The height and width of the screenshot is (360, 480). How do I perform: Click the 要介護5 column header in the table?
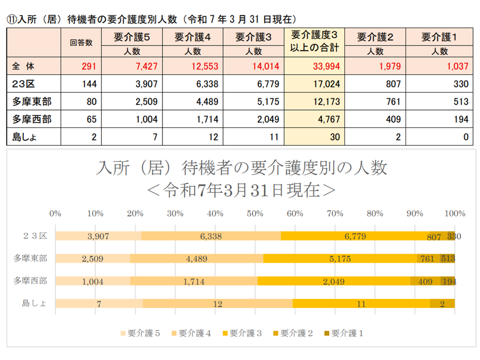click(x=132, y=36)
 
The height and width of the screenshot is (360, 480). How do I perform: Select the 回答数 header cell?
click(x=81, y=42)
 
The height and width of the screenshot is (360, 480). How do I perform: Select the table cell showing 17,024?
click(x=314, y=83)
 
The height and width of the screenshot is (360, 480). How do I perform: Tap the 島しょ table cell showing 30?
click(x=314, y=137)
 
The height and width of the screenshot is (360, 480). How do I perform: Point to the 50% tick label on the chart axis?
click(x=255, y=213)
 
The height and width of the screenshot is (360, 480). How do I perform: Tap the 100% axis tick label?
click(x=454, y=213)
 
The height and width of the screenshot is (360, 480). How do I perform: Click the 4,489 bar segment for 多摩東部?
click(x=197, y=258)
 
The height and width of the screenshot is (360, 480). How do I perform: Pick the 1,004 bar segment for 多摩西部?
click(x=93, y=281)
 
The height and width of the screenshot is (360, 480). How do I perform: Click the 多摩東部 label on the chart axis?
click(x=30, y=258)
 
